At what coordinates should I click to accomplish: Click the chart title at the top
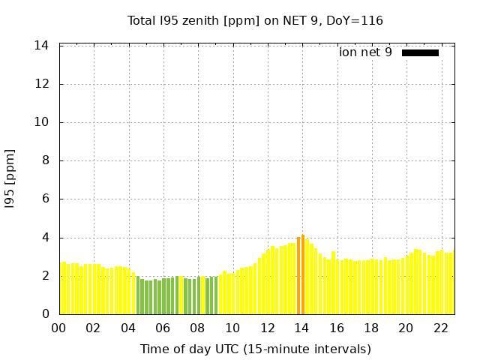[255, 20]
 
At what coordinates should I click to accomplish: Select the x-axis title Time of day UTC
[255, 349]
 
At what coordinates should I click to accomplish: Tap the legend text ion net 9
[365, 52]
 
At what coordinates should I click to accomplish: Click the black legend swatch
[420, 52]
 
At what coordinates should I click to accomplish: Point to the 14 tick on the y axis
[42, 46]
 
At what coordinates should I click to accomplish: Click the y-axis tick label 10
[42, 122]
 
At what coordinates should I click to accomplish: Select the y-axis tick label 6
[45, 199]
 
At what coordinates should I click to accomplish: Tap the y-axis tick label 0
[45, 314]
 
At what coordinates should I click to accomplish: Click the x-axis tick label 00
[58, 328]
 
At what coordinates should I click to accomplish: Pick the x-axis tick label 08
[197, 328]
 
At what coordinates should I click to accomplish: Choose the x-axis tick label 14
[301, 328]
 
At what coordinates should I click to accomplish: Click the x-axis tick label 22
[440, 328]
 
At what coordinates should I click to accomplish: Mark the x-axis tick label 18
[370, 328]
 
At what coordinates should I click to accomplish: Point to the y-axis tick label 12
[42, 84]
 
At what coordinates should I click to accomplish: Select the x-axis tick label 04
[128, 328]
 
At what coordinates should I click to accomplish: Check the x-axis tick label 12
[267, 328]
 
